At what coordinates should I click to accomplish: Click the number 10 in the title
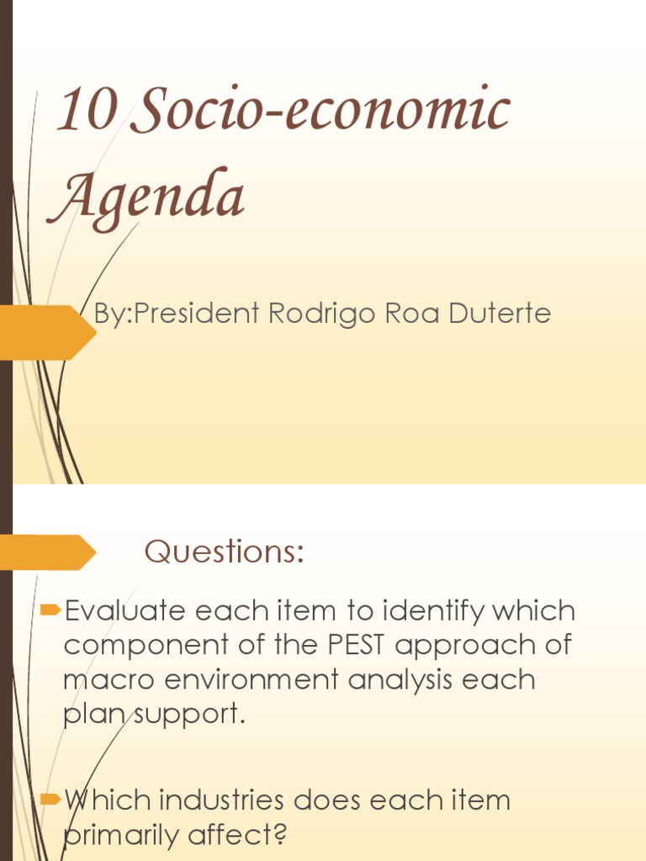pyautogui.click(x=86, y=112)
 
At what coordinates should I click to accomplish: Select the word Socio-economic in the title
pyautogui.click(x=320, y=112)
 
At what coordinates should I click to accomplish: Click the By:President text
pyautogui.click(x=177, y=314)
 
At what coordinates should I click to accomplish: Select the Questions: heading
pyautogui.click(x=224, y=552)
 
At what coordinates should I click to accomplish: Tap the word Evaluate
pyautogui.click(x=125, y=610)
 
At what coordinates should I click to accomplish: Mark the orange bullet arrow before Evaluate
pyautogui.click(x=50, y=608)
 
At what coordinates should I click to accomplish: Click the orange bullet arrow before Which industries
pyautogui.click(x=50, y=799)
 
